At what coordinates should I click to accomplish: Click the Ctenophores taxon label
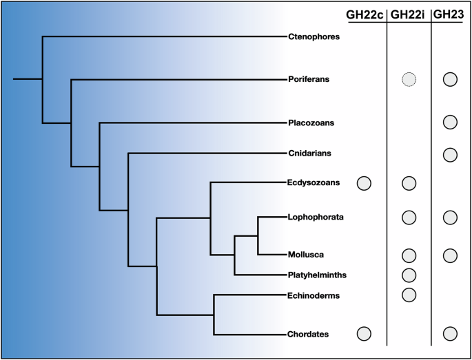pos(314,36)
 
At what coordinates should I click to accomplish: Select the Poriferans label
pos(309,79)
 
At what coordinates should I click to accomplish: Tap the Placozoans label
pos(311,123)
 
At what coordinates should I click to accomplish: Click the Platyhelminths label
pos(317,275)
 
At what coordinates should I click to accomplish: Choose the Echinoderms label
pos(314,295)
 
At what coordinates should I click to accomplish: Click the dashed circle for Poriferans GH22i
pos(409,79)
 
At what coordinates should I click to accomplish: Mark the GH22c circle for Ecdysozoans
pos(365,183)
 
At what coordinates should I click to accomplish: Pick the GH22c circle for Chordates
pos(365,334)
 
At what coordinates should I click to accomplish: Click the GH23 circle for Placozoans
pos(450,123)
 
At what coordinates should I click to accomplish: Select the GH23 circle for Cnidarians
pos(450,153)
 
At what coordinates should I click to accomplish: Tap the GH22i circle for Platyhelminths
pos(409,275)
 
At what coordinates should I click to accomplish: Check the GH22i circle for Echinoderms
pos(409,295)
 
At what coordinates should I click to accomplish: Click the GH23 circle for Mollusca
pos(450,255)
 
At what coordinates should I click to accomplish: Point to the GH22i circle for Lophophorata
pos(409,218)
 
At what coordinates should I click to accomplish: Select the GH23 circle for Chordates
pos(450,334)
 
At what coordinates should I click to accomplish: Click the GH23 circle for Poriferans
pos(450,79)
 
